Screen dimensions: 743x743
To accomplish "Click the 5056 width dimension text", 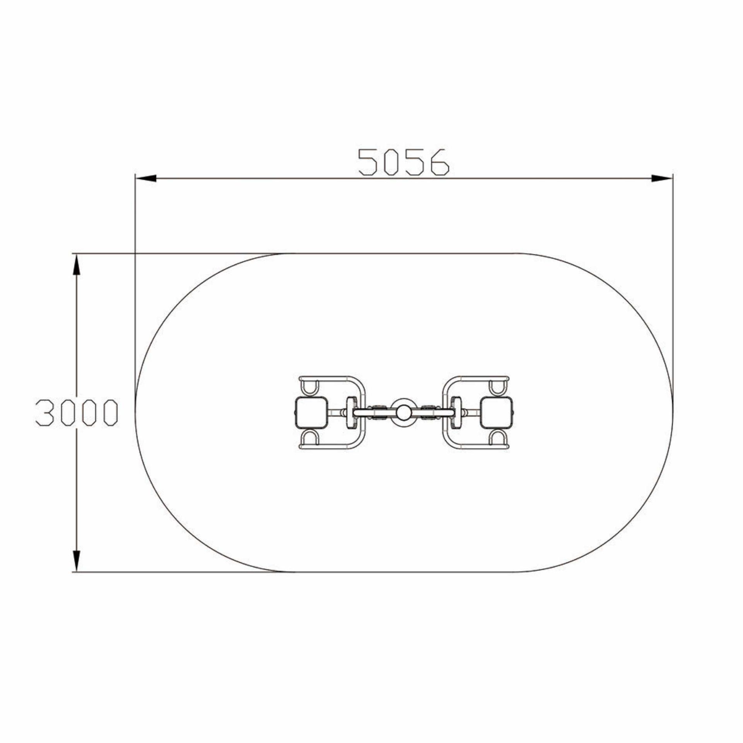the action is click(404, 162).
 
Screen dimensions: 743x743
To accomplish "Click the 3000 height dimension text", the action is click(77, 413).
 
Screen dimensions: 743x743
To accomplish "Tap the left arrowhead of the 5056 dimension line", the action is click(146, 178).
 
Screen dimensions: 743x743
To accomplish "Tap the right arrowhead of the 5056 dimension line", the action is click(662, 178).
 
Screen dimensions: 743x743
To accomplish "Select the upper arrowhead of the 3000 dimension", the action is click(77, 265).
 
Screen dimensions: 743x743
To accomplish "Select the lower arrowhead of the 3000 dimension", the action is click(77, 560).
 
